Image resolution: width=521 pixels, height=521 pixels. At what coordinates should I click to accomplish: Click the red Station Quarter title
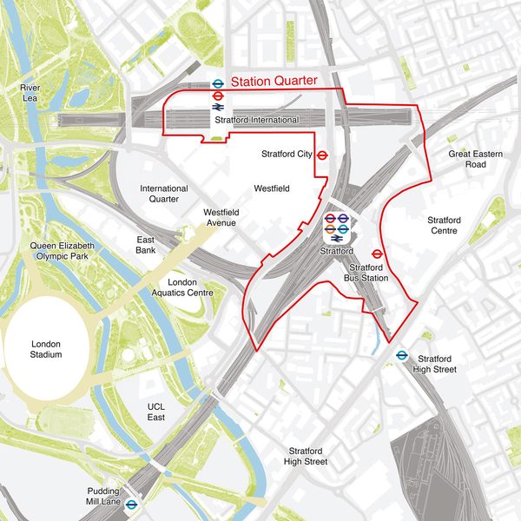(x=274, y=82)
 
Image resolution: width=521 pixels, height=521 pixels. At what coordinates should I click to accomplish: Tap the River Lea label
(x=30, y=93)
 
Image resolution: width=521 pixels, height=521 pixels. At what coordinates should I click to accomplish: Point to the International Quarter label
(x=164, y=194)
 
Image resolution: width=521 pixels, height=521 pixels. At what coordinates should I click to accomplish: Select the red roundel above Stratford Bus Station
(x=378, y=254)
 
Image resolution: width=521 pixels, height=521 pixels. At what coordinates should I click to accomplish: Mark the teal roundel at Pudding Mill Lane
(x=132, y=504)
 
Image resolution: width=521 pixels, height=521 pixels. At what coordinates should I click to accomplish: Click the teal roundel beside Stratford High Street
(x=402, y=355)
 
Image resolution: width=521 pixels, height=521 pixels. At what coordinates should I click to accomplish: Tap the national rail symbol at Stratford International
(x=218, y=108)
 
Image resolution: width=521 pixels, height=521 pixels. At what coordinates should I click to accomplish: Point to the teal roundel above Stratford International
(x=218, y=84)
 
